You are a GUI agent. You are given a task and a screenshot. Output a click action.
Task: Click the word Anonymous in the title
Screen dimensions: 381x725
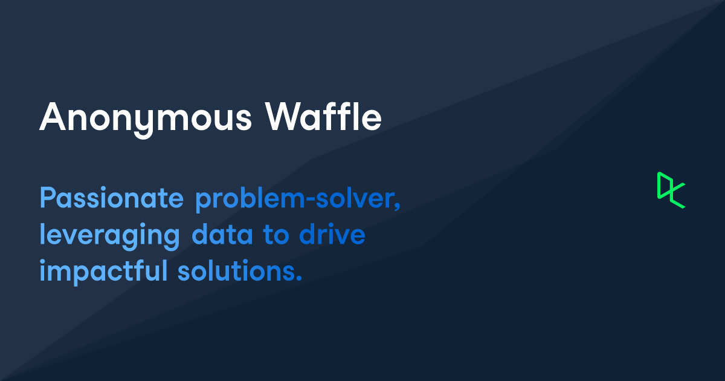(x=146, y=117)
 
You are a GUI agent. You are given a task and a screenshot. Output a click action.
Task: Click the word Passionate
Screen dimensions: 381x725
(x=111, y=199)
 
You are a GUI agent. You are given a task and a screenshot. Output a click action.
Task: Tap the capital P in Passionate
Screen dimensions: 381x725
(x=47, y=199)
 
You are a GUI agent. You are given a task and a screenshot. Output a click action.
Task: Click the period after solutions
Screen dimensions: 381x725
(x=298, y=279)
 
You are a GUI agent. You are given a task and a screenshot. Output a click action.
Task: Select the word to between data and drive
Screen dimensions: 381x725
(x=275, y=235)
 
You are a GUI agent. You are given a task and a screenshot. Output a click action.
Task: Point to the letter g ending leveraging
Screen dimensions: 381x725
(x=172, y=239)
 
